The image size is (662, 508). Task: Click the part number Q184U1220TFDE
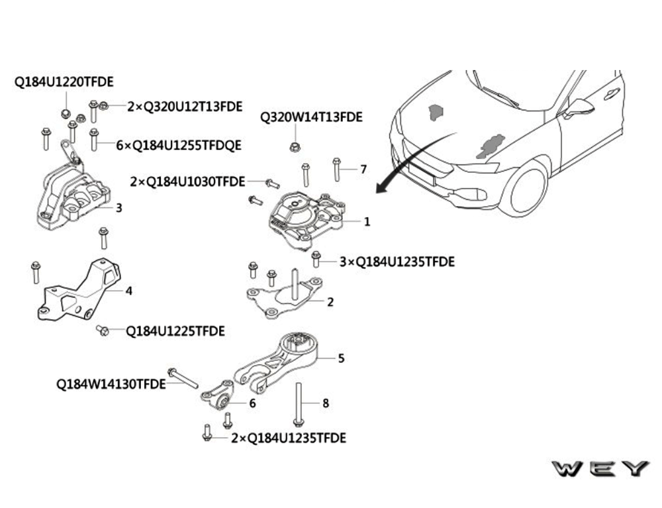[64, 82]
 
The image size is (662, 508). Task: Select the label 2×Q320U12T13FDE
[185, 106]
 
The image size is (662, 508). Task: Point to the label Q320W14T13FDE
[311, 118]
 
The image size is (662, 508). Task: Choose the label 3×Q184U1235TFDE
[397, 262]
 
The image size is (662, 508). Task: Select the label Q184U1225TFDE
[175, 330]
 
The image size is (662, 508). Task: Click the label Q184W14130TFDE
[111, 383]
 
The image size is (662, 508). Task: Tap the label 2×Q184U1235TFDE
[289, 438]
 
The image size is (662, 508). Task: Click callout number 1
[367, 222]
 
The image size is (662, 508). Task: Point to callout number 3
[118, 208]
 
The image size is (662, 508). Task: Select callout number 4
[128, 291]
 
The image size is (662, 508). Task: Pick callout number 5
[341, 358]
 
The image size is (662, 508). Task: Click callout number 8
[325, 403]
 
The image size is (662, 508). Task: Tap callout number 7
[363, 170]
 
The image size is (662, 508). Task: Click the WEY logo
[600, 469]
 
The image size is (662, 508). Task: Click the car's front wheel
[525, 188]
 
